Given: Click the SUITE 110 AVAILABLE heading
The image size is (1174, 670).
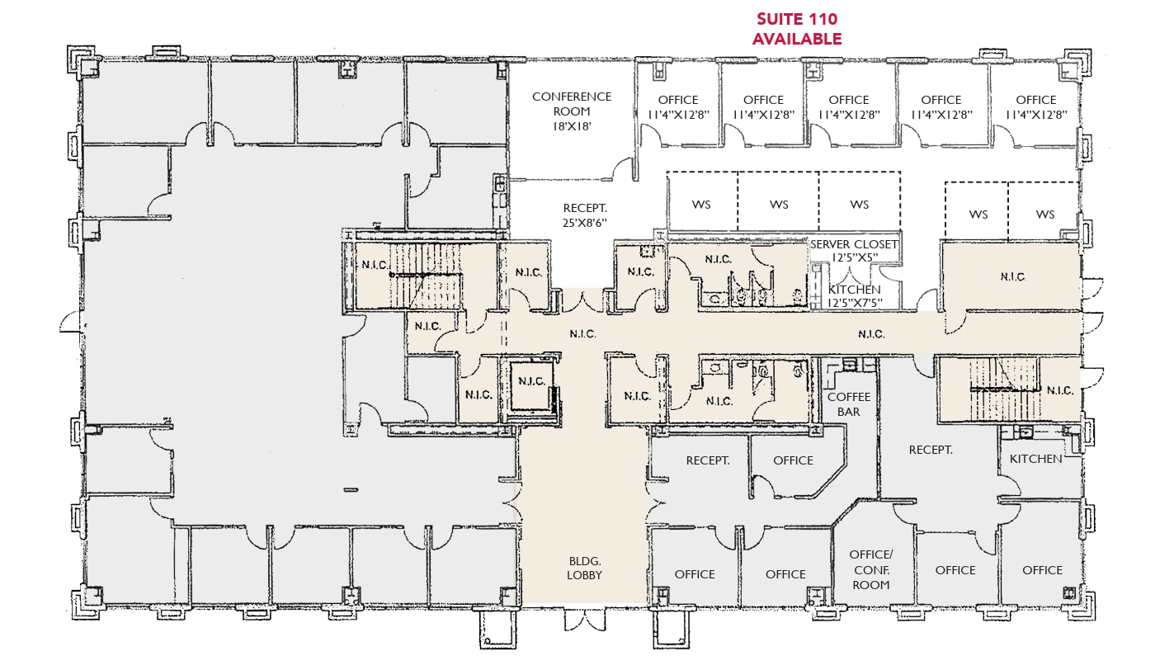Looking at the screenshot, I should coord(796,29).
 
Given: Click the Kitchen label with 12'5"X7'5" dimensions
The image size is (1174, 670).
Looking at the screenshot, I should coord(855,296).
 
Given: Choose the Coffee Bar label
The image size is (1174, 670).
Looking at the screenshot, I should coord(849,403).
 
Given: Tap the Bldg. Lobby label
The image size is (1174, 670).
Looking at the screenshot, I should coord(584,568).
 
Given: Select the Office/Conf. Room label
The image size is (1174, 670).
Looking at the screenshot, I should coord(871,569).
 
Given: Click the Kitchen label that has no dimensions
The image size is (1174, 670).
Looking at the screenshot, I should coord(1036,458).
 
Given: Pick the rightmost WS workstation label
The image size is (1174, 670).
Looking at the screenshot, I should coord(1044,215).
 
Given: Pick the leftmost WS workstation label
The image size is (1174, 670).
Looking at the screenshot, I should coord(701,205).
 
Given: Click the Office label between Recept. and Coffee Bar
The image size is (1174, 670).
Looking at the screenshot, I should coord(793,460).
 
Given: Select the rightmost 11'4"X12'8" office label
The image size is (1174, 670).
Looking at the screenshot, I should coord(1035,107).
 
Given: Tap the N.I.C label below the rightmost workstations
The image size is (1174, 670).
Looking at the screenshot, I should coord(1012,276).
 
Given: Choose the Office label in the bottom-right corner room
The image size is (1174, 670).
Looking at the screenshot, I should coord(1042,570).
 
